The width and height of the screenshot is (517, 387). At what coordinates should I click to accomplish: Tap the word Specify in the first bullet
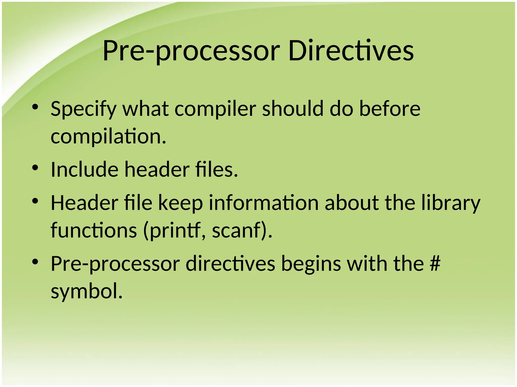click(83, 109)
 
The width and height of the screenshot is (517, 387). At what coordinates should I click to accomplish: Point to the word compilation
click(109, 136)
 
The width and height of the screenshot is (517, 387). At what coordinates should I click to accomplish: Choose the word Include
click(85, 169)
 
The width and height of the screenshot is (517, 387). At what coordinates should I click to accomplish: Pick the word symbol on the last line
click(87, 291)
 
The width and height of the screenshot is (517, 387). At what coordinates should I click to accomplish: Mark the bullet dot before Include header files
click(35, 168)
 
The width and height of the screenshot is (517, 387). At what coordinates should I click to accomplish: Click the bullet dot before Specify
click(35, 107)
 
